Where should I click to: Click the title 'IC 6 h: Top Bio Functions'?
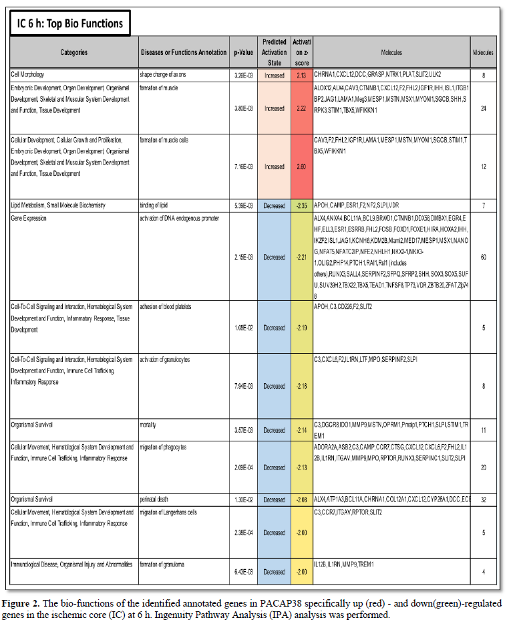pyautogui.click(x=70, y=23)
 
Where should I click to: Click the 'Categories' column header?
pyautogui.click(x=73, y=52)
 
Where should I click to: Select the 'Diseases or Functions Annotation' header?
pyautogui.click(x=184, y=52)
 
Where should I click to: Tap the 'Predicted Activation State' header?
pyautogui.click(x=274, y=52)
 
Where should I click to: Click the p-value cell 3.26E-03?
pyautogui.click(x=242, y=76)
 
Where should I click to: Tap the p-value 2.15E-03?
pyautogui.click(x=242, y=257)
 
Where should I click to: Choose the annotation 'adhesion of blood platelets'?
pyautogui.click(x=165, y=307)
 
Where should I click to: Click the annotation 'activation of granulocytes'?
pyautogui.click(x=164, y=360)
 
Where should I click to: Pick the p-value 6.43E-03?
pyautogui.click(x=242, y=573)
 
